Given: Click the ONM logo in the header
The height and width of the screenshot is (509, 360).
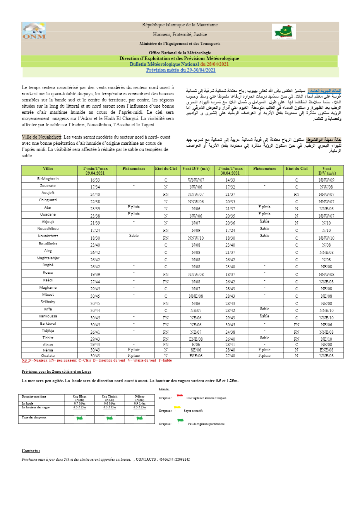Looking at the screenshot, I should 34,31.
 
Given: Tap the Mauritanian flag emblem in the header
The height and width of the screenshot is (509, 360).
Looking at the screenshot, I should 284,32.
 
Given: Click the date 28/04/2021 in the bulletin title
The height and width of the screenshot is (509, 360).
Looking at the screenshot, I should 218,64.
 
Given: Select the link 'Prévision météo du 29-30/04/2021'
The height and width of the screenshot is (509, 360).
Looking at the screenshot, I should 180,70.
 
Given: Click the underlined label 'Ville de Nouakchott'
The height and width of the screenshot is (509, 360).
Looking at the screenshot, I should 41,137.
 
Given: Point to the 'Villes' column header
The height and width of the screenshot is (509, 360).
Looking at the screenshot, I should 48,169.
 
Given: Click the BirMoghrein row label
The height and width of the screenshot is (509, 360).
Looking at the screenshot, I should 48,179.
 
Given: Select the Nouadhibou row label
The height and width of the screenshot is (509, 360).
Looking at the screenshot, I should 48,229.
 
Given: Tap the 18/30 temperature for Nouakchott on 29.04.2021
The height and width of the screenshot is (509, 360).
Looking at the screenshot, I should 95,238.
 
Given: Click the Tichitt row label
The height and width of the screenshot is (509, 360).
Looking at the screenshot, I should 48,338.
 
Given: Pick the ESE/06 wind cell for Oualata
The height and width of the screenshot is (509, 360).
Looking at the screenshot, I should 196,356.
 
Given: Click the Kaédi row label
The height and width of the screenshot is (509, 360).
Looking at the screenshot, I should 48,280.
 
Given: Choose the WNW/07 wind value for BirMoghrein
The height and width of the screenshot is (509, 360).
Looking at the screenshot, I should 196,180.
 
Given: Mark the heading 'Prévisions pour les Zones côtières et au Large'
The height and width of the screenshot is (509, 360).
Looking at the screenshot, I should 57,372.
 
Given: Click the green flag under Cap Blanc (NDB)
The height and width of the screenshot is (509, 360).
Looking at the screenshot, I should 80,418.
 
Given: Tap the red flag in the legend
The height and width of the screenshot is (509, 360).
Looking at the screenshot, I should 180,396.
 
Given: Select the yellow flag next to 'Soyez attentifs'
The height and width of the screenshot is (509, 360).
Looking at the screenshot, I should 177,407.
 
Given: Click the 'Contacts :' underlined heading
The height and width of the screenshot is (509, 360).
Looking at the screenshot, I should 31,451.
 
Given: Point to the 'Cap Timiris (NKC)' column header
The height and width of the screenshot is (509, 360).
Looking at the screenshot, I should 110,398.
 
